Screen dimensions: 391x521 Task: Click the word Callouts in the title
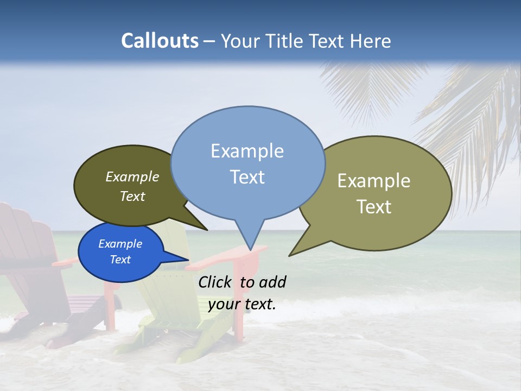(x=160, y=41)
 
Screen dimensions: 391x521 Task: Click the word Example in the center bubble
(x=247, y=151)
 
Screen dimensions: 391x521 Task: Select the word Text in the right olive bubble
(x=374, y=207)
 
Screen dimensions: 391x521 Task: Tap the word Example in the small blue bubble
(x=120, y=244)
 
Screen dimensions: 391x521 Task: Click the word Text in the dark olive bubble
(x=132, y=197)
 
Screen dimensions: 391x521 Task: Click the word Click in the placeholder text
(x=215, y=282)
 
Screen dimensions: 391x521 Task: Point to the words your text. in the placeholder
(x=242, y=304)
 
